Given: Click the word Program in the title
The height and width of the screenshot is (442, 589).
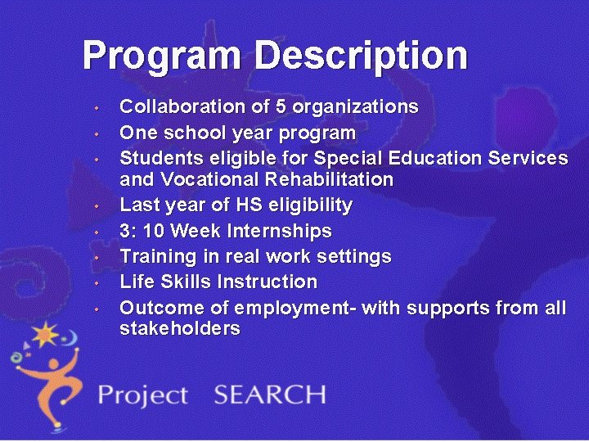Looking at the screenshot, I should click(x=163, y=56).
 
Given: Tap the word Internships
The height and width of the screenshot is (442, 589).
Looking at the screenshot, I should click(x=284, y=231).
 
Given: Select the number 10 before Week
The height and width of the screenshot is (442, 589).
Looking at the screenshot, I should click(x=155, y=231).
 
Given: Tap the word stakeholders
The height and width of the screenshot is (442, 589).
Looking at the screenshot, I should click(x=180, y=330).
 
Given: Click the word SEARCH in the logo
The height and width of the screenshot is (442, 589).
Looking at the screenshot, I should click(x=270, y=395).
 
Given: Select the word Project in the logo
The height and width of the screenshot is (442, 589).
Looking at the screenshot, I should click(x=143, y=396).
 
